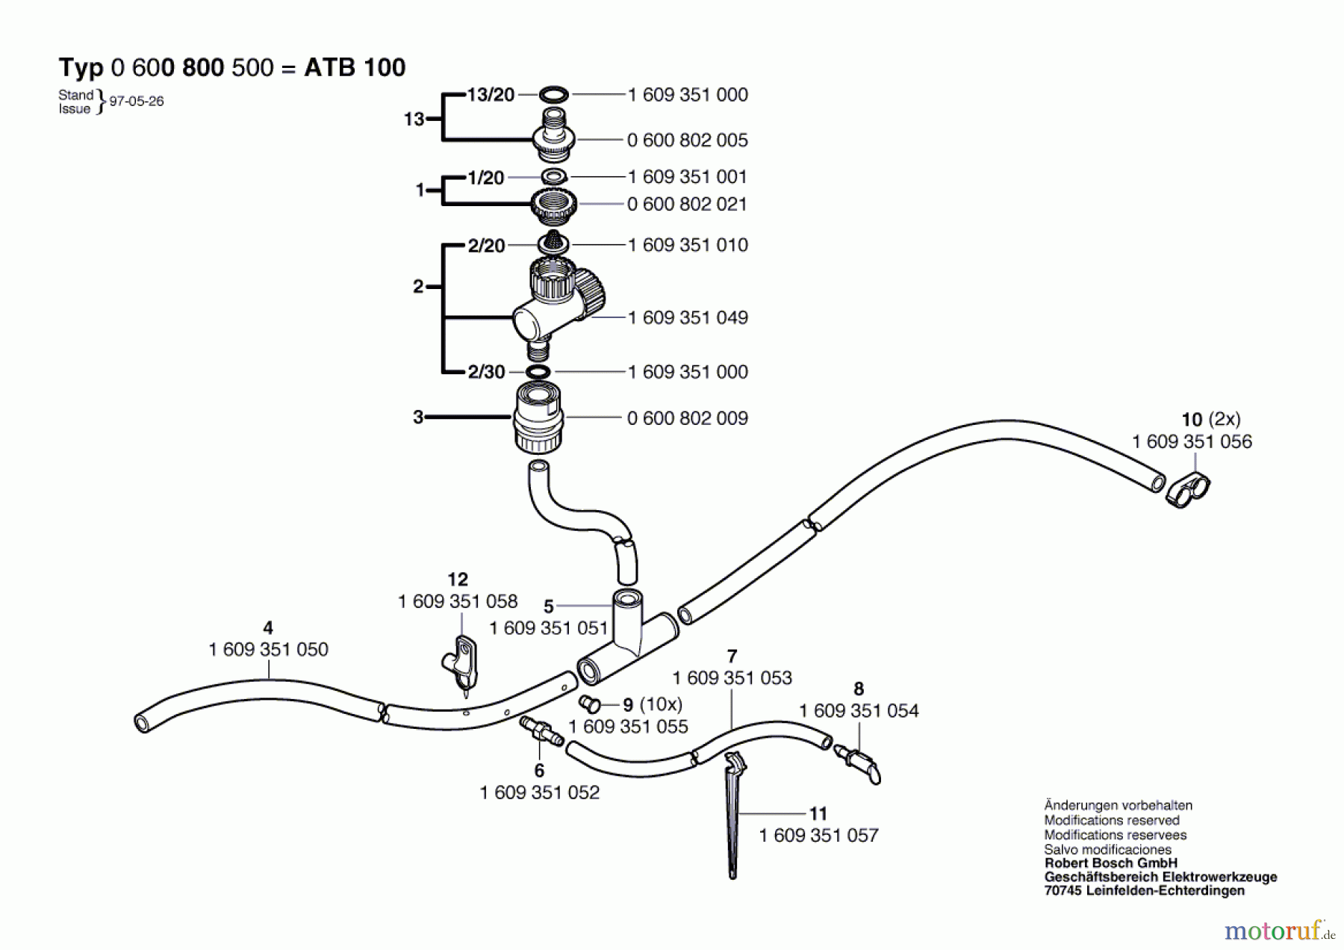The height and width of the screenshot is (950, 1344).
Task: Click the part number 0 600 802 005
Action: pyautogui.click(x=687, y=140)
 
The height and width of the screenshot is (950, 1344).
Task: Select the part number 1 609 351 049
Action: pyautogui.click(x=687, y=318)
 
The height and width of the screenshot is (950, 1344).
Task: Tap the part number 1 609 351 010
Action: pyautogui.click(x=687, y=246)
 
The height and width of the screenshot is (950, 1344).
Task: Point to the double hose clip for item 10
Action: pyautogui.click(x=1188, y=490)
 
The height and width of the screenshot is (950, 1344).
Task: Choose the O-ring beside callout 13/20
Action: pyautogui.click(x=553, y=95)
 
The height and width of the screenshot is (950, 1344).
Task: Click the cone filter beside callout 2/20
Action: pyautogui.click(x=553, y=242)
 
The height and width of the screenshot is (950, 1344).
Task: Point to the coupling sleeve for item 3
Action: pyautogui.click(x=538, y=418)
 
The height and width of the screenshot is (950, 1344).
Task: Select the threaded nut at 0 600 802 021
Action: pyautogui.click(x=553, y=204)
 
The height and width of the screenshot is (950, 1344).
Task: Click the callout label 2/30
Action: pyautogui.click(x=486, y=372)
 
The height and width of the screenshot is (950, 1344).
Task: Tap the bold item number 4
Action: pyautogui.click(x=268, y=629)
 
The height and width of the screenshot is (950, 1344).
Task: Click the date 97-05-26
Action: pyautogui.click(x=136, y=102)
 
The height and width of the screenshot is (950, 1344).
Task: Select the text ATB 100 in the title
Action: pyautogui.click(x=355, y=68)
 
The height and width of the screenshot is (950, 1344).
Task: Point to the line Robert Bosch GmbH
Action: pyautogui.click(x=1110, y=863)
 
